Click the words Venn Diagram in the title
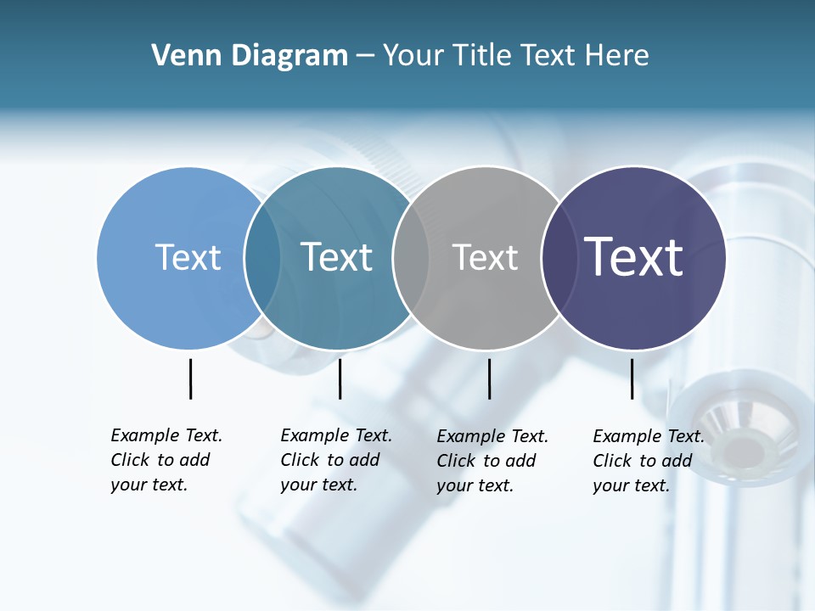tap(250, 56)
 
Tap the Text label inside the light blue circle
tap(188, 257)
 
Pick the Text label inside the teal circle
tap(336, 257)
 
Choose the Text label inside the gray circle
tap(485, 257)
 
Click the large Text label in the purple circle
tap(633, 257)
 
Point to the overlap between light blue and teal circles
tap(262, 258)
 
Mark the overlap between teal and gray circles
tap(411, 258)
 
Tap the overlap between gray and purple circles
tap(558, 258)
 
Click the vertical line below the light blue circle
tap(190, 378)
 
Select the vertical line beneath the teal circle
tap(340, 378)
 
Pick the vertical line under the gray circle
tap(489, 378)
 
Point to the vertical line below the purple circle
tap(632, 378)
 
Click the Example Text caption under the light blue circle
tap(166, 460)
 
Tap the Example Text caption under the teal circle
tap(335, 460)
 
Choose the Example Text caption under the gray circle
tap(492, 461)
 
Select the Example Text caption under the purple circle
tap(648, 461)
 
